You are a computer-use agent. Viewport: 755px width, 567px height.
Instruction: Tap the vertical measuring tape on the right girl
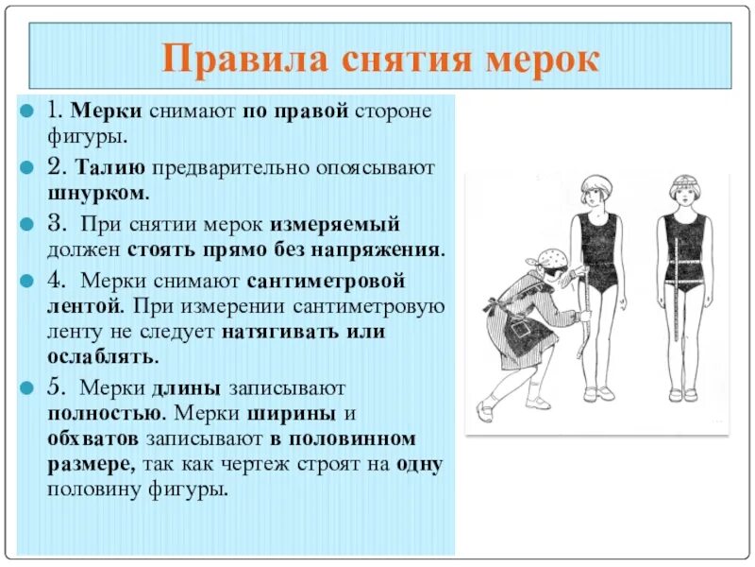click(x=678, y=293)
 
